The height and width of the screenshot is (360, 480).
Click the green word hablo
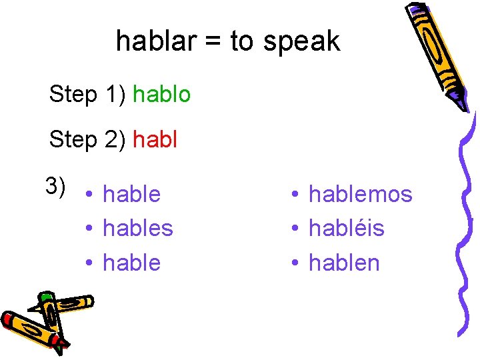pyautogui.click(x=162, y=94)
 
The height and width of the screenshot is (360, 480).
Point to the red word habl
pyautogui.click(x=155, y=140)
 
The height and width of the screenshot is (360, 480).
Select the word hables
pyautogui.click(x=138, y=228)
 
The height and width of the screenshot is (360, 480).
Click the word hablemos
pyautogui.click(x=361, y=194)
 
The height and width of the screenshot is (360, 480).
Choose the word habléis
pyautogui.click(x=347, y=228)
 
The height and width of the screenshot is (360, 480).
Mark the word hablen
pyautogui.click(x=344, y=263)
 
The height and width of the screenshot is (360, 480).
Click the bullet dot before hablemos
pyautogui.click(x=293, y=195)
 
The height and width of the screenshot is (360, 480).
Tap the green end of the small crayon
pyautogui.click(x=46, y=297)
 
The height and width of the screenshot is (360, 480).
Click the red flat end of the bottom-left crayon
pyautogui.click(x=8, y=319)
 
